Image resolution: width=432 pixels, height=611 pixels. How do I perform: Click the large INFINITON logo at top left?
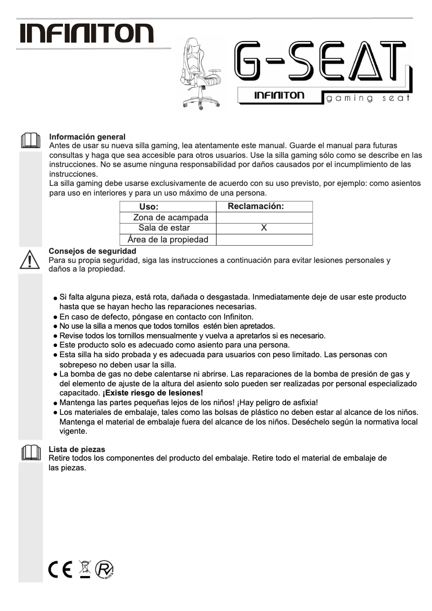pos(87,33)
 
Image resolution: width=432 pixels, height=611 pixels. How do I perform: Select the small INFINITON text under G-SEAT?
pos(279,95)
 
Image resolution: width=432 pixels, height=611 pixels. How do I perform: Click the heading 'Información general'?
pos(87,137)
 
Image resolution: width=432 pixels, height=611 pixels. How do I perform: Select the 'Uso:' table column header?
pos(149,207)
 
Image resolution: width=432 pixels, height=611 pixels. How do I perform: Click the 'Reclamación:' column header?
pos(256,206)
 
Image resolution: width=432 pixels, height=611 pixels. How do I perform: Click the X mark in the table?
pos(264,228)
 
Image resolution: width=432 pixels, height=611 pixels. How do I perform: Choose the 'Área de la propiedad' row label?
pos(168,239)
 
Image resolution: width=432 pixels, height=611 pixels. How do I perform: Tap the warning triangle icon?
pos(30,260)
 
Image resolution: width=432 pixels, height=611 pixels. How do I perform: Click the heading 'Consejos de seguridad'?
pos(92,251)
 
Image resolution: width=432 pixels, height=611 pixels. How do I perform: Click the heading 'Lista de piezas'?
pos(77,449)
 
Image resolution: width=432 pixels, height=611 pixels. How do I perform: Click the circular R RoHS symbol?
pos(105,570)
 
